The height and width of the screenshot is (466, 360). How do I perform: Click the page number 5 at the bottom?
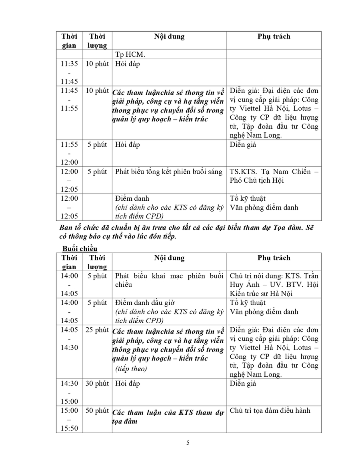coord(188,442)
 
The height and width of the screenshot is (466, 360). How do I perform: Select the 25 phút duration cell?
coord(97,330)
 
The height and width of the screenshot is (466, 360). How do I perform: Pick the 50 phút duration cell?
coord(97,411)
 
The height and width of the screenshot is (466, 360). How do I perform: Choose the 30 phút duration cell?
coord(97,384)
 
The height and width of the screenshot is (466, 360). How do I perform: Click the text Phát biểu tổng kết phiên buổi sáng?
coord(168,172)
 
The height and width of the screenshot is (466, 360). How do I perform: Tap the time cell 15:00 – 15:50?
coord(69,420)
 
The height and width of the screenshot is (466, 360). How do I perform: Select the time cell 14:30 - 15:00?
coord(69,392)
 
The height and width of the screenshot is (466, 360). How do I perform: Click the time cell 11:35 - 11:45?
coord(69,72)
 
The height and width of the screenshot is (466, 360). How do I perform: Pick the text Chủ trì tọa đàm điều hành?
coord(270,410)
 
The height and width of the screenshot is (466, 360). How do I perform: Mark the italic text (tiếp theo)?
coord(131,368)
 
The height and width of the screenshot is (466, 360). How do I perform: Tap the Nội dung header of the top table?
coord(169,36)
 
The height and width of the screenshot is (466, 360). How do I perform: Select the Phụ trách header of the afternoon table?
coord(274,258)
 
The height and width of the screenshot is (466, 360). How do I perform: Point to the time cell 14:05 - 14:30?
coord(69,338)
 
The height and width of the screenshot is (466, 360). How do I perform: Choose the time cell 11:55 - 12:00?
coord(69,153)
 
